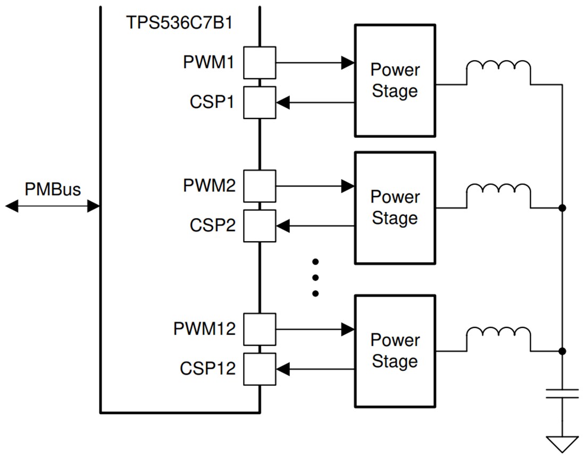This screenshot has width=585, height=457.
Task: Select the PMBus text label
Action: pyautogui.click(x=52, y=189)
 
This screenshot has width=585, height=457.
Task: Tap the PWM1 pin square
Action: pyautogui.click(x=260, y=63)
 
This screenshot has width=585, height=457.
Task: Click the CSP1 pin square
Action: pyautogui.click(x=260, y=103)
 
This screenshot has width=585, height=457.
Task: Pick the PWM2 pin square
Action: pyautogui.click(x=260, y=186)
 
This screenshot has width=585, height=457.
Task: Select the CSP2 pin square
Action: pyautogui.click(x=260, y=226)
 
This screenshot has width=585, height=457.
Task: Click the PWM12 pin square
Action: pyautogui.click(x=260, y=329)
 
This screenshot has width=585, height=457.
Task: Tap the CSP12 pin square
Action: pyautogui.click(x=260, y=369)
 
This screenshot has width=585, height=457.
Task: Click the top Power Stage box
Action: pyautogui.click(x=395, y=80)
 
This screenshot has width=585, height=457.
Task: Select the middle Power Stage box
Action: pyautogui.click(x=395, y=208)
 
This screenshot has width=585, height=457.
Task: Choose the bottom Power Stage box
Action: pyautogui.click(x=395, y=351)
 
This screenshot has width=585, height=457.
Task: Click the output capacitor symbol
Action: pyautogui.click(x=562, y=394)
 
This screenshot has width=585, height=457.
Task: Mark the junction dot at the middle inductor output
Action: pyautogui.click(x=562, y=208)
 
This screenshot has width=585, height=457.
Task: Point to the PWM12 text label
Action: pyautogui.click(x=204, y=329)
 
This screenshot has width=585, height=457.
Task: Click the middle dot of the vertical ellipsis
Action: pyautogui.click(x=315, y=277)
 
